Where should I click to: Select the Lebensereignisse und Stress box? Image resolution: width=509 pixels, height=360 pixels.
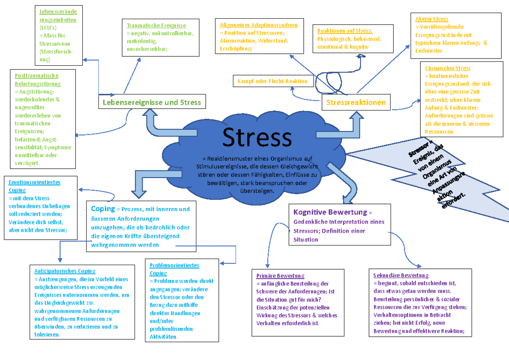point(152,102)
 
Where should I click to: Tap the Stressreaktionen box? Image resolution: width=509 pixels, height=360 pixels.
point(356,102)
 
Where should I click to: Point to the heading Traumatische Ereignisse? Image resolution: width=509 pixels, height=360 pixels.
point(156,25)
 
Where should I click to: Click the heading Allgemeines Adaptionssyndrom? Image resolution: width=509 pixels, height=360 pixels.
point(259,25)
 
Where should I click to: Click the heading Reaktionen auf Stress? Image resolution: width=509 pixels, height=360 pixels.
point(345,31)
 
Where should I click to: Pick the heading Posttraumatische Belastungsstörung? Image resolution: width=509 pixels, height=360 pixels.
point(36,80)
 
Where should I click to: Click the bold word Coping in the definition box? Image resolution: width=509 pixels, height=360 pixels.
point(103,209)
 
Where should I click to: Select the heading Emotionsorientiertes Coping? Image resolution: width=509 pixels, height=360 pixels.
point(34,186)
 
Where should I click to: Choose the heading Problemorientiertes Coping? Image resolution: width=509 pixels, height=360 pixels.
point(174,269)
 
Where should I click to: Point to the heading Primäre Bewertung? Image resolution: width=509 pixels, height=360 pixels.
point(280,276)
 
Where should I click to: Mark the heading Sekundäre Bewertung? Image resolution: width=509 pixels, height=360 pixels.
point(401,275)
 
